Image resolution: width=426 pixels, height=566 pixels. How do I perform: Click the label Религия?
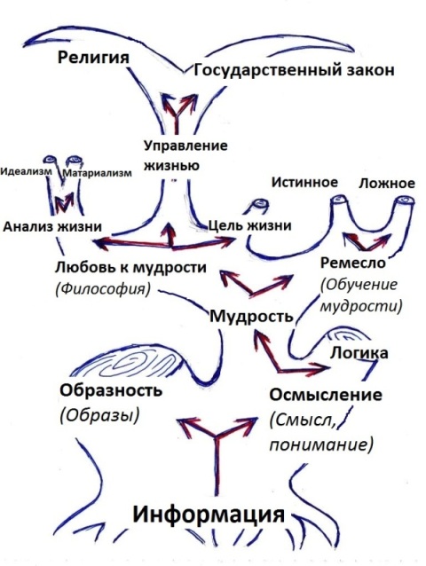coord(93,58)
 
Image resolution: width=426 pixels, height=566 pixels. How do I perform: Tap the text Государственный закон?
coord(294,70)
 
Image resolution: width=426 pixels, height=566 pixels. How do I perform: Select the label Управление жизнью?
coord(185,156)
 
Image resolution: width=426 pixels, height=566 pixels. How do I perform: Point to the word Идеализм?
coord(26,171)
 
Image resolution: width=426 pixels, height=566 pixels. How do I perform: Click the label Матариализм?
coord(98,173)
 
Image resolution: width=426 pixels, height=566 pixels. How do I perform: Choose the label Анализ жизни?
coord(52,227)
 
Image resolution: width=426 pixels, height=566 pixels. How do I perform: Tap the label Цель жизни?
coord(250,225)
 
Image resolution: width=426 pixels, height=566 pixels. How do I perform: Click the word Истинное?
coord(304,182)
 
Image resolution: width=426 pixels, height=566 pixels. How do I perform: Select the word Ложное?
coord(387,184)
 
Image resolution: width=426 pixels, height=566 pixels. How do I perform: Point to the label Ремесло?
coord(353,263)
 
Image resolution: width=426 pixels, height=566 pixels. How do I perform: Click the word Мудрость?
coord(252,317)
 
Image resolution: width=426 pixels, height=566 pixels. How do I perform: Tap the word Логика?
coord(359,353)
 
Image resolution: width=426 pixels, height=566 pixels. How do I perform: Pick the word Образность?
coord(111,390)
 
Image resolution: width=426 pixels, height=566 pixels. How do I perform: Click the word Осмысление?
coord(326,395)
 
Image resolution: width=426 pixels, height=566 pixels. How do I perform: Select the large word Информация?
coord(209,514)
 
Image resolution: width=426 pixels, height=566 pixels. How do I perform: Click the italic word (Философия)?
coord(103,289)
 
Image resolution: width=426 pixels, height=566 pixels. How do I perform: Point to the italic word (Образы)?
coord(99,415)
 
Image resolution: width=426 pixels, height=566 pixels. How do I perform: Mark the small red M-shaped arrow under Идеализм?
coord(63,203)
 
